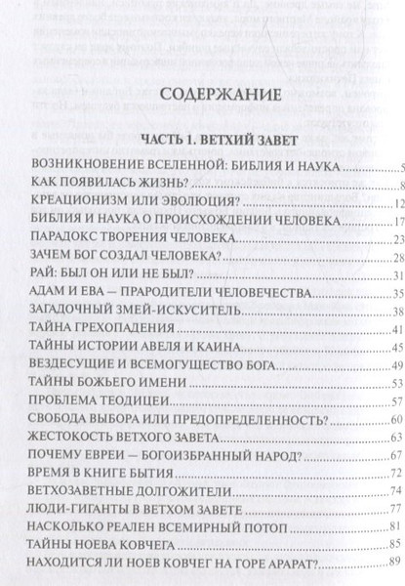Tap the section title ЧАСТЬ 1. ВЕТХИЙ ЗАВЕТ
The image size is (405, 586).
[203, 138]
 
